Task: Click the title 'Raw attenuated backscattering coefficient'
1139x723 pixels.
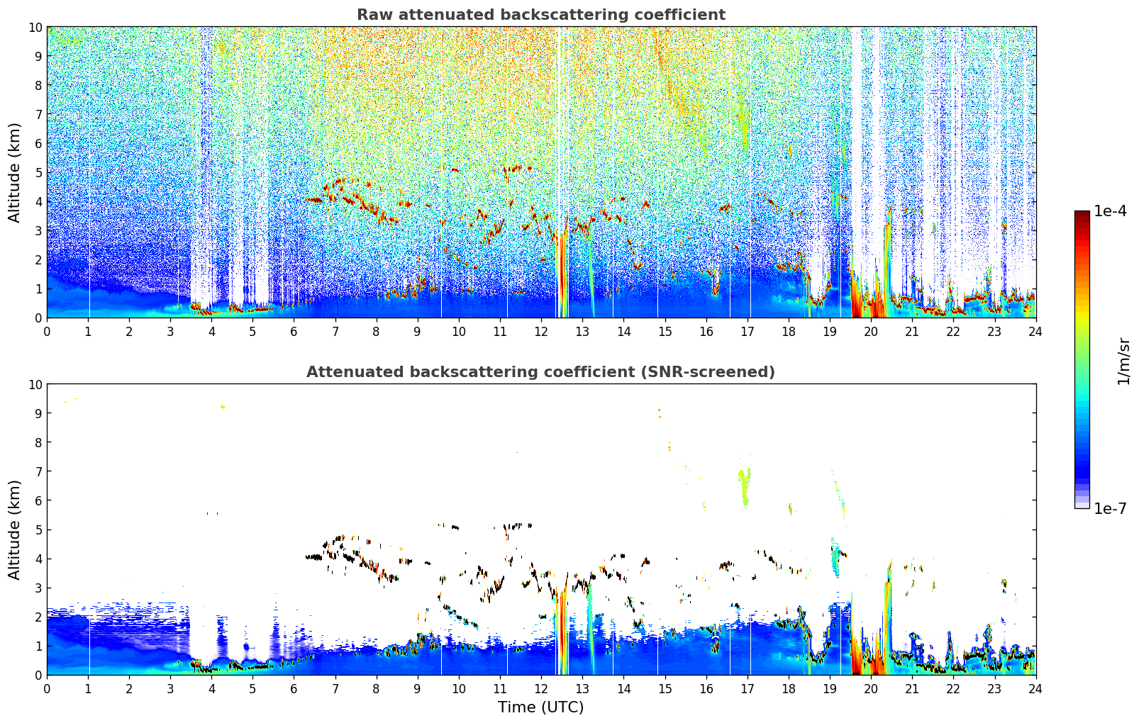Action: point(540,15)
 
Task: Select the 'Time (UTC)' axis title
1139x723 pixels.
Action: point(540,707)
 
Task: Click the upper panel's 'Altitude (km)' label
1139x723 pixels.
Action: point(15,172)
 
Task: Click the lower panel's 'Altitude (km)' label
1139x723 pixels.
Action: point(15,529)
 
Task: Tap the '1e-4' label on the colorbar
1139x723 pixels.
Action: point(1110,211)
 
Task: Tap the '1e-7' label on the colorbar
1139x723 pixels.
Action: point(1110,508)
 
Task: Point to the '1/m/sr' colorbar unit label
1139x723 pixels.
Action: point(1123,360)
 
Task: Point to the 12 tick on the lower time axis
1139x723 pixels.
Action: point(541,688)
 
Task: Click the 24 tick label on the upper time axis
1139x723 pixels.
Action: point(1035,331)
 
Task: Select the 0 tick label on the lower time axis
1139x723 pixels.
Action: point(48,688)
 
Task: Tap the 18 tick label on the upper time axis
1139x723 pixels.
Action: point(788,331)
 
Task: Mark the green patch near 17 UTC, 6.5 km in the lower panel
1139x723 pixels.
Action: point(744,486)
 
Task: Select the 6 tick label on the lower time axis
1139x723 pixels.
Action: point(294,688)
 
